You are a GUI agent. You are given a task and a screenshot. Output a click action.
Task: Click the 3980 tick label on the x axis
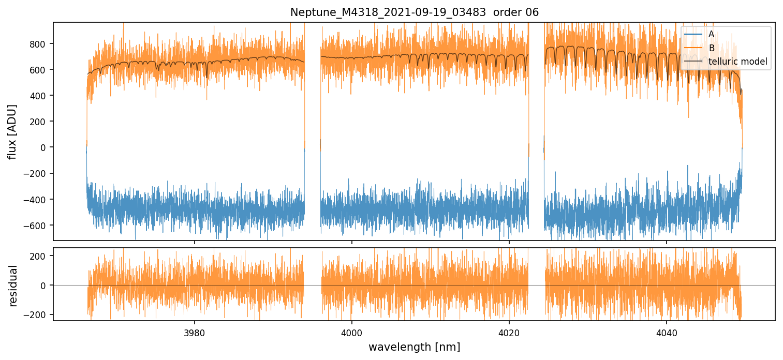(195, 332)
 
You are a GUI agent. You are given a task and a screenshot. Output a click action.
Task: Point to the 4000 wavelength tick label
(352, 332)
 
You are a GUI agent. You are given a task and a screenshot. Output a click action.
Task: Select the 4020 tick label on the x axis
(509, 332)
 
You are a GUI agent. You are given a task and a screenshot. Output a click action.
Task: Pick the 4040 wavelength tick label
(666, 332)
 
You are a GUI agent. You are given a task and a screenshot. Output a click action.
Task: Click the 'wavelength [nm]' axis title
(414, 347)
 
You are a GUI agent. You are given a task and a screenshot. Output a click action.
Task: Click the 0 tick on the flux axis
(43, 147)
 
